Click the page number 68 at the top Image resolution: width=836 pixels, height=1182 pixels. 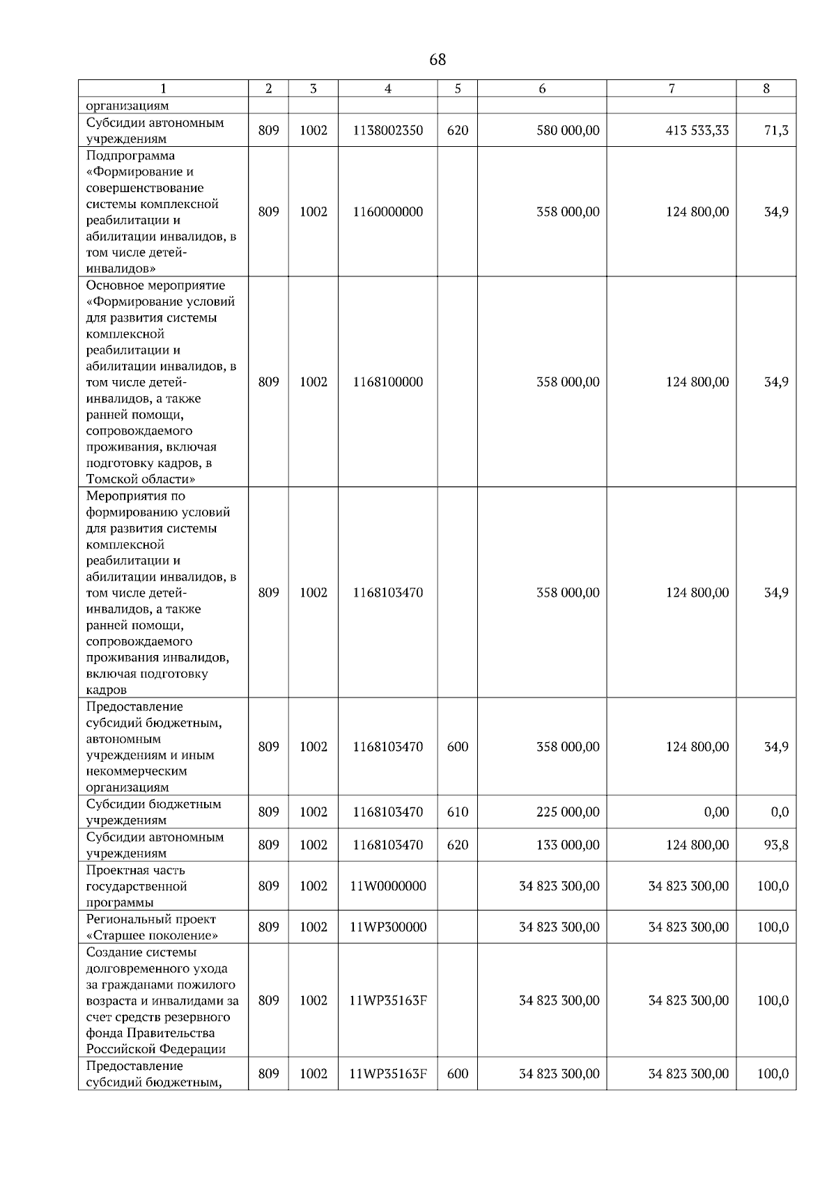coord(438,60)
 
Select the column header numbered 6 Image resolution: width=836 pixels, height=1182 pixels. coord(541,88)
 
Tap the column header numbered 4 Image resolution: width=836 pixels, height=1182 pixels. coord(387,88)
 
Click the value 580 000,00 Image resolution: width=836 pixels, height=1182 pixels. coord(568,130)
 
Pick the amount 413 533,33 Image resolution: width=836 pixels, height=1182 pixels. coord(697,130)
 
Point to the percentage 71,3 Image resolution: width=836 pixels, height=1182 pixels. coord(776,130)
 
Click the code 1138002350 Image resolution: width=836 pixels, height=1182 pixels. coord(387,130)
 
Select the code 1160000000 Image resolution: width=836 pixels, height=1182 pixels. coord(387,212)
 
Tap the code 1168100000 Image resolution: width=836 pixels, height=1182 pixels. coord(387,381)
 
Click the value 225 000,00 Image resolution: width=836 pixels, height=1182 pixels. coord(568,812)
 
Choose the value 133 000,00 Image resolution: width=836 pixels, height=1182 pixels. coord(568,844)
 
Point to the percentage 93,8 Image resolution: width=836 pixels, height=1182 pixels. coord(776,844)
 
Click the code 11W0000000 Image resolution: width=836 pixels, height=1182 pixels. coord(387,885)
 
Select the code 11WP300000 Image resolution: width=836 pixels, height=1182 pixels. coord(387,927)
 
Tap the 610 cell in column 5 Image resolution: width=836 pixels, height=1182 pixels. coord(457,812)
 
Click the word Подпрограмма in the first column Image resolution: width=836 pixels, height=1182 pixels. coord(130,155)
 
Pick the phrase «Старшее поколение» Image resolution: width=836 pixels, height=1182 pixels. coord(152,935)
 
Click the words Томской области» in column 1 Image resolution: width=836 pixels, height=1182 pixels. coord(140,479)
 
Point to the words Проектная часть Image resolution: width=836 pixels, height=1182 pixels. coord(135,869)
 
